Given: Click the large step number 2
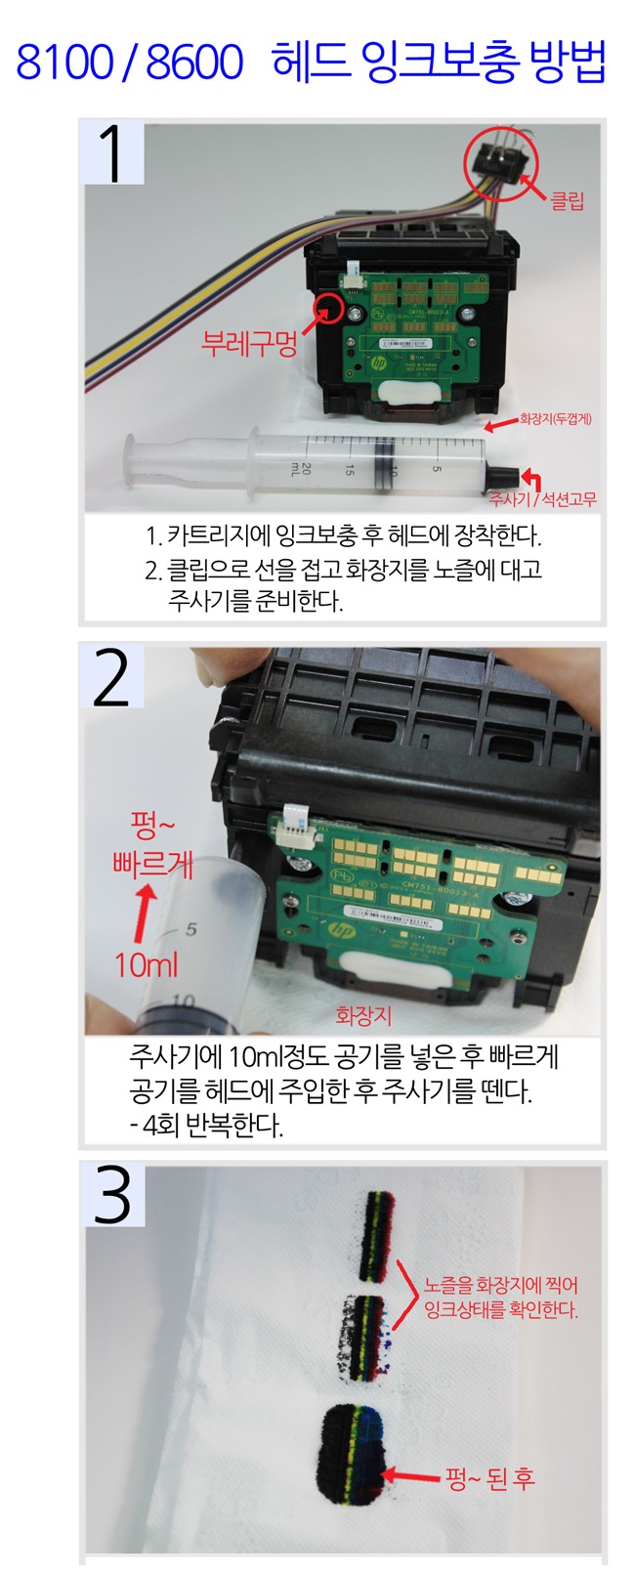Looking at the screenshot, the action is click(x=112, y=678).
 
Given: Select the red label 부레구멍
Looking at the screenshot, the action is click(x=249, y=343).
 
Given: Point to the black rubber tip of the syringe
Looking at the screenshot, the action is click(x=504, y=474).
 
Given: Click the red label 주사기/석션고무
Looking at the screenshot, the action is click(x=542, y=499).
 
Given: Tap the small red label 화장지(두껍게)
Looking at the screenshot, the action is click(x=556, y=419).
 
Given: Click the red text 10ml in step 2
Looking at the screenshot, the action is click(x=147, y=964).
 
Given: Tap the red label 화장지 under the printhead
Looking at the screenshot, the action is click(x=363, y=1015).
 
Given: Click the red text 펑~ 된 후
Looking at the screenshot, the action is click(x=489, y=1477).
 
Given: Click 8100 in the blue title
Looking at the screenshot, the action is click(x=64, y=62).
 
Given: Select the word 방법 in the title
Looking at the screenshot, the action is click(x=567, y=62).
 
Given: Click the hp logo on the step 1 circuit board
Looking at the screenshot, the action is click(x=379, y=364).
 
